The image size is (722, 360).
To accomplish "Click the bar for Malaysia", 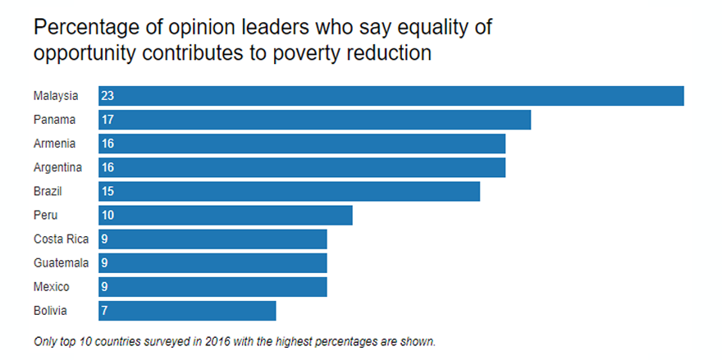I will point(391,96).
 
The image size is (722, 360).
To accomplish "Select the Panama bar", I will point(314,120).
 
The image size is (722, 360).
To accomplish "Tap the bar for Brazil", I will point(289,191).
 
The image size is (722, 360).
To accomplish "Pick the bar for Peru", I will point(225,215).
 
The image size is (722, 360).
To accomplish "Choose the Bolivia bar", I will point(187,311).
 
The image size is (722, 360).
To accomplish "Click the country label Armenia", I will point(55,144).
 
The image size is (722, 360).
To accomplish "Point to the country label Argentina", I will point(57,167).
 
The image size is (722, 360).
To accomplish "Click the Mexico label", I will point(51,287).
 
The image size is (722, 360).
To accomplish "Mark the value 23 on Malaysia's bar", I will point(107,96).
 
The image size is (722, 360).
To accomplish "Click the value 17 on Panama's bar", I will point(107,120).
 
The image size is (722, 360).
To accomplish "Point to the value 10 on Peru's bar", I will point(107,215).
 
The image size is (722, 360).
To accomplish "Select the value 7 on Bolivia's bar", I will point(104,311).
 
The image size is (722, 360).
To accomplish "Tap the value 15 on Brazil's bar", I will point(107,191).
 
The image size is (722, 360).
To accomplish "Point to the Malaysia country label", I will point(56,96).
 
